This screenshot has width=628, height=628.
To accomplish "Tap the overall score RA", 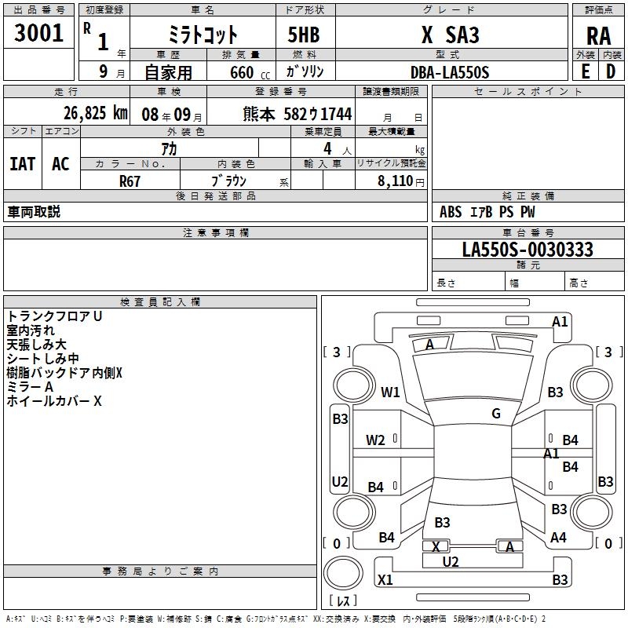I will [598, 35].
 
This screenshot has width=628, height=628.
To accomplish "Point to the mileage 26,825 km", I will [97, 113].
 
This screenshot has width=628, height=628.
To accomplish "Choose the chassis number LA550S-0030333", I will [528, 250].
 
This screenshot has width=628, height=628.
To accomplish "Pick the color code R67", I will [130, 181].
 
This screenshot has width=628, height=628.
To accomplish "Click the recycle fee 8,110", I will [392, 181].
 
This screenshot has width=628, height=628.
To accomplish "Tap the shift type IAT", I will [22, 163].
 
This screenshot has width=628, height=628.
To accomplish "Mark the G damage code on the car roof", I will [496, 413].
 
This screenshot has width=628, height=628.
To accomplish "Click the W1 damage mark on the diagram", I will [390, 392].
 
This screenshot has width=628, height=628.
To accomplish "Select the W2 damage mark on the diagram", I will [375, 440].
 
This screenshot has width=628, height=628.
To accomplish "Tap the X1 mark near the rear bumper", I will [385, 580].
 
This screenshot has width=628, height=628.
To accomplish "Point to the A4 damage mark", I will [559, 538].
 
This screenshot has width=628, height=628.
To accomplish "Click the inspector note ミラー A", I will [30, 387].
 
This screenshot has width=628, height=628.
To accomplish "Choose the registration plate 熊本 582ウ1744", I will [298, 114].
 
